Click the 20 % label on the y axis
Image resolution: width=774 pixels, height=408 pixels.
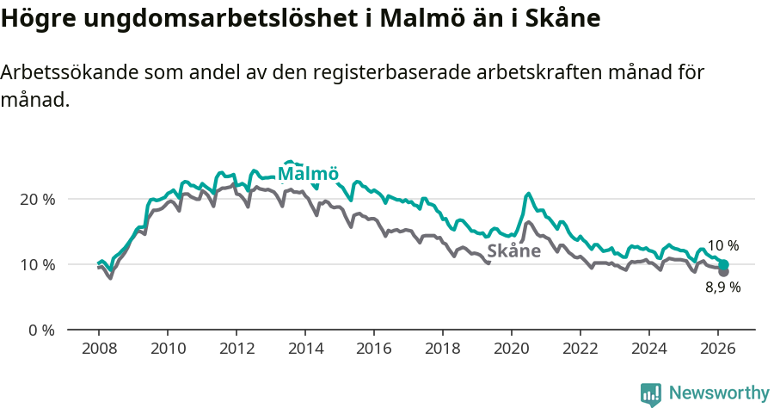[x=37, y=199]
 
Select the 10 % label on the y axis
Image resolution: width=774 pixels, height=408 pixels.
[x=37, y=264]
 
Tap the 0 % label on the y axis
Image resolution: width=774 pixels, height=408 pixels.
[x=40, y=330]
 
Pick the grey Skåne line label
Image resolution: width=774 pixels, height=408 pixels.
[x=513, y=251]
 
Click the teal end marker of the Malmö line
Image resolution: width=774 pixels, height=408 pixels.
[x=723, y=265]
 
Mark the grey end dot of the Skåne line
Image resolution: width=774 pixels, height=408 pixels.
[x=723, y=272]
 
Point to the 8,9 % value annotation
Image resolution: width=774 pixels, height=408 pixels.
[x=722, y=287]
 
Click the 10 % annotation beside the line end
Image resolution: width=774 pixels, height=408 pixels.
[x=722, y=246]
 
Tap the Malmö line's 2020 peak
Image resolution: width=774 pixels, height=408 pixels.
[x=528, y=194]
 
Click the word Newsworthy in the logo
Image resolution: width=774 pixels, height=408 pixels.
[x=718, y=393]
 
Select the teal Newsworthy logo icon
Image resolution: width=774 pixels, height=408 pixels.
[x=651, y=393]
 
